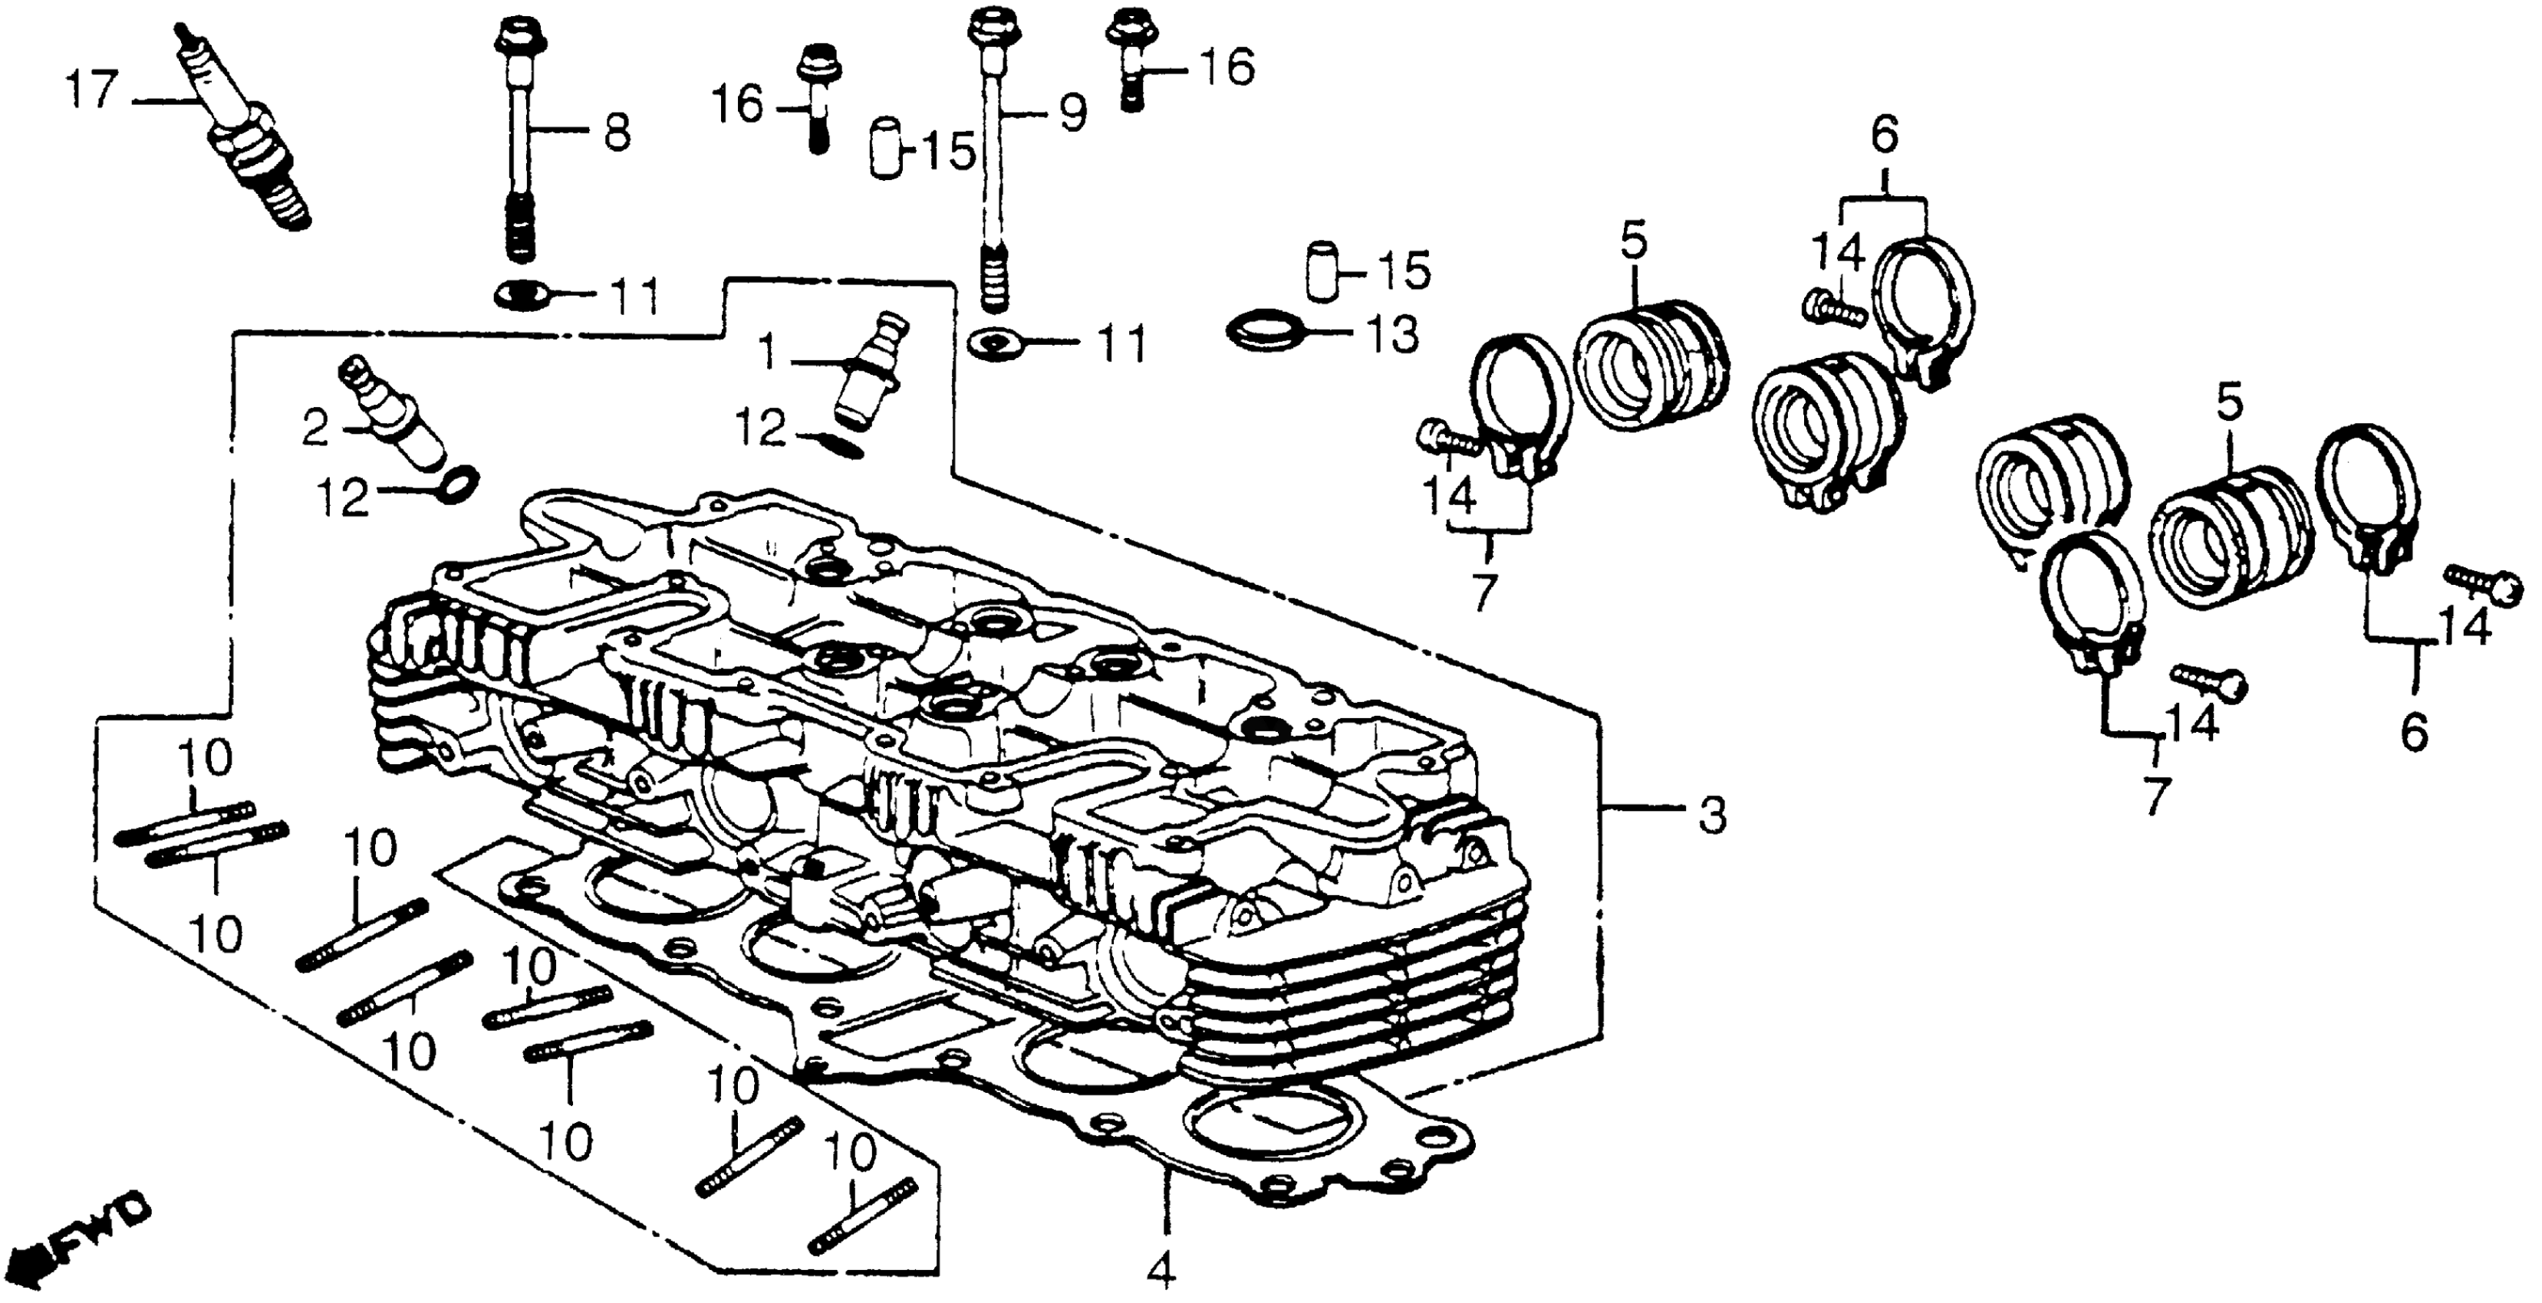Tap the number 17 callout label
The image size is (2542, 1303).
point(92,94)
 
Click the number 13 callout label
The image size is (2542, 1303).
point(1391,336)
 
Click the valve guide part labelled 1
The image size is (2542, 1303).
point(868,370)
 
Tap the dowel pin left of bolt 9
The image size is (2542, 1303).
point(888,149)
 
